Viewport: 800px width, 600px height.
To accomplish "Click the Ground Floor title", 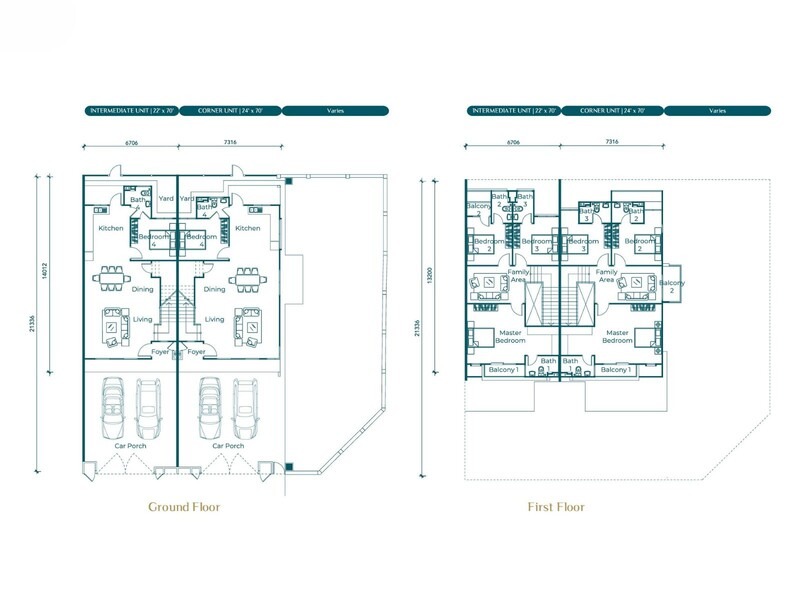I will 184,507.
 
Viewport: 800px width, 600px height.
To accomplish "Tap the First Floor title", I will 556,507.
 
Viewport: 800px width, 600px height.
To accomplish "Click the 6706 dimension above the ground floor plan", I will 131,143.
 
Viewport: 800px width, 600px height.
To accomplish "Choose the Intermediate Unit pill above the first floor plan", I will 513,110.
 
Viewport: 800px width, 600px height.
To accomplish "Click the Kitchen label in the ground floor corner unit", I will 247,228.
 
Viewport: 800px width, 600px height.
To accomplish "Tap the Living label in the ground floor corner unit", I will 214,320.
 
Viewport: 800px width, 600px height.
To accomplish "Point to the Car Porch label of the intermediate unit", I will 131,446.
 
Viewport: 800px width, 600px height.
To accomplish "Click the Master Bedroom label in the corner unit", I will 617,336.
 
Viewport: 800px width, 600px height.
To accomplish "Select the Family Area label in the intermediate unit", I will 518,275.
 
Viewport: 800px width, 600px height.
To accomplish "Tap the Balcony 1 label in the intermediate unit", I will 502,370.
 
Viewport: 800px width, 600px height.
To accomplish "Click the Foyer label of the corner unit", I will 197,352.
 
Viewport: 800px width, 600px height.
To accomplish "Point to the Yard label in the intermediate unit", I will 155,199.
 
